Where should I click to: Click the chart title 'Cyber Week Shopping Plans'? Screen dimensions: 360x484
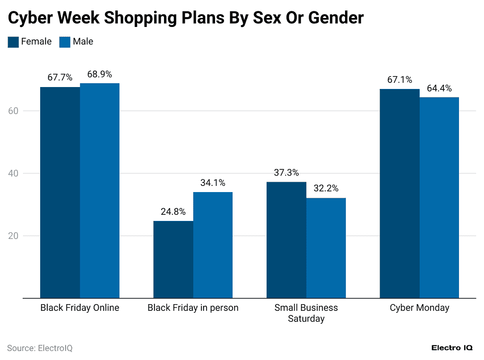point(186,18)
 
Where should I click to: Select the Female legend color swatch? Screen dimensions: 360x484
point(13,42)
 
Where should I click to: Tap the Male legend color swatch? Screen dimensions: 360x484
point(65,42)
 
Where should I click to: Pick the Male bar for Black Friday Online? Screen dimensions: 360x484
point(100,191)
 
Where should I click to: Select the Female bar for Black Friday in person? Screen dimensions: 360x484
point(173,259)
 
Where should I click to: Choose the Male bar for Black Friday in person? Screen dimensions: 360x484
point(213,245)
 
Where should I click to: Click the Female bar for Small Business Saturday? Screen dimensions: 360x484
point(286,240)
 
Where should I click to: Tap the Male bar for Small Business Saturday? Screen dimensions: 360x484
point(326,248)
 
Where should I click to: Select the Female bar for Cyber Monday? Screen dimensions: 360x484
point(400,193)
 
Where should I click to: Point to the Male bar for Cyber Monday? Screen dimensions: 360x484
point(440,198)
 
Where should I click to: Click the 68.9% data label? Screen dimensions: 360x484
point(100,74)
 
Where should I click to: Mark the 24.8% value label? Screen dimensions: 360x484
point(173,212)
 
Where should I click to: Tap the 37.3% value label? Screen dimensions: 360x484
point(286,173)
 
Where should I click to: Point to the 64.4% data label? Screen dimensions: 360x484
point(440,88)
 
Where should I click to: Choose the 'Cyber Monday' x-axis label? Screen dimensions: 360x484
point(419,308)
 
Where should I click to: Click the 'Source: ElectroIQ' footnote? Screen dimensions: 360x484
point(40,348)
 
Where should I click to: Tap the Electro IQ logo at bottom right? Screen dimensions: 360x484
point(452,348)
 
